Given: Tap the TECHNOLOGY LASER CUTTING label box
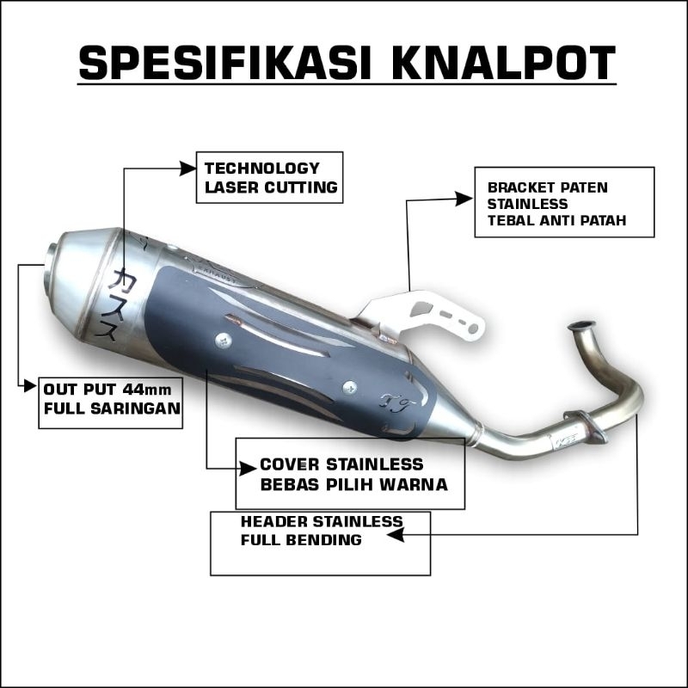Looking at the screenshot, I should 269,177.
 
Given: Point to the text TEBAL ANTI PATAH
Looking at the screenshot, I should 556,221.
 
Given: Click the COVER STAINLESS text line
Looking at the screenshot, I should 341,465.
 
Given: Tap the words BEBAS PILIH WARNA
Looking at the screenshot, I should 353,484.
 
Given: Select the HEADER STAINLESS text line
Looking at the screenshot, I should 321,522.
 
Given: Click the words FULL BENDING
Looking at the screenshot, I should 301,540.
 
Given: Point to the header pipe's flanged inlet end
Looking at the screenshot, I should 581,326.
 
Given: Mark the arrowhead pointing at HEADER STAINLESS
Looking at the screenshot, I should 395,535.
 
